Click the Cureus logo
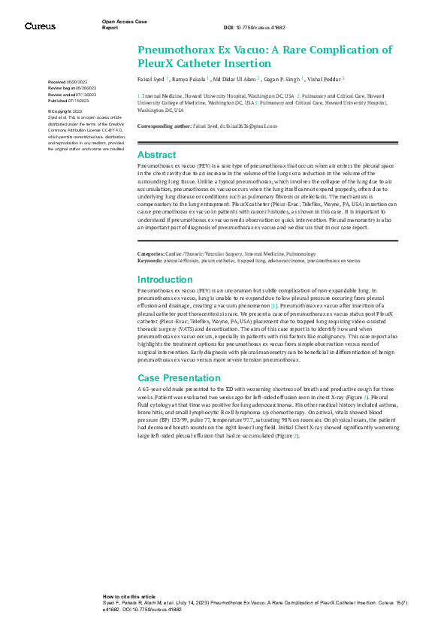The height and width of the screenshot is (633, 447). point(40,26)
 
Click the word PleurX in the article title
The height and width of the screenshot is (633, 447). point(157,63)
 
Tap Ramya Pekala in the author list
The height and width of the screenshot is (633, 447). point(183,78)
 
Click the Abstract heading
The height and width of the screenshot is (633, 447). point(156,154)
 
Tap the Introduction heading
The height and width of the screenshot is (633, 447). point(165,280)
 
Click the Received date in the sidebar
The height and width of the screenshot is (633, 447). point(67,81)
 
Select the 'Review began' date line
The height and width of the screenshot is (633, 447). point(74,87)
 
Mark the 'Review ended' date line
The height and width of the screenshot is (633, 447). point(74,93)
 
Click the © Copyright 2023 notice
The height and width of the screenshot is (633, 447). point(65,111)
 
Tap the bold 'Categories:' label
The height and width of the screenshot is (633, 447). point(151,254)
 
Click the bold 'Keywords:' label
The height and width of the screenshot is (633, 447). point(150,259)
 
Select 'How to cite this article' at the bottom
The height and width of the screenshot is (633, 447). point(129,595)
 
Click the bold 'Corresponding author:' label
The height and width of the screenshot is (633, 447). point(165,127)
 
